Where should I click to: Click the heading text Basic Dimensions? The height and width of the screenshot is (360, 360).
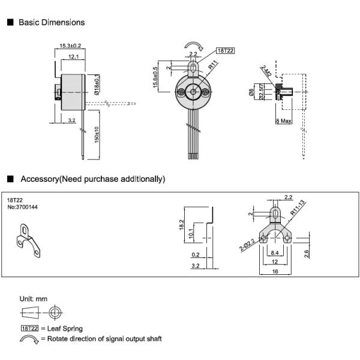(52, 22)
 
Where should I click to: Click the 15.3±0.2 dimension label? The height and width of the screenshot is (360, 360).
(70, 46)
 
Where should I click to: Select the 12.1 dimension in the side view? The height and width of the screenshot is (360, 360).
(74, 56)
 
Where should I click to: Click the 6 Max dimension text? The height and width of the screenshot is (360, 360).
(283, 121)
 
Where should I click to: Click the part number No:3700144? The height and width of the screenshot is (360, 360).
(22, 207)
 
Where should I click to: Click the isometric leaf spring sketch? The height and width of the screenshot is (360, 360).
(28, 241)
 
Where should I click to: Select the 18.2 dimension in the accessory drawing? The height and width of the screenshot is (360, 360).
(182, 224)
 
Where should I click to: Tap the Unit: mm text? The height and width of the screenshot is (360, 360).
(33, 299)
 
